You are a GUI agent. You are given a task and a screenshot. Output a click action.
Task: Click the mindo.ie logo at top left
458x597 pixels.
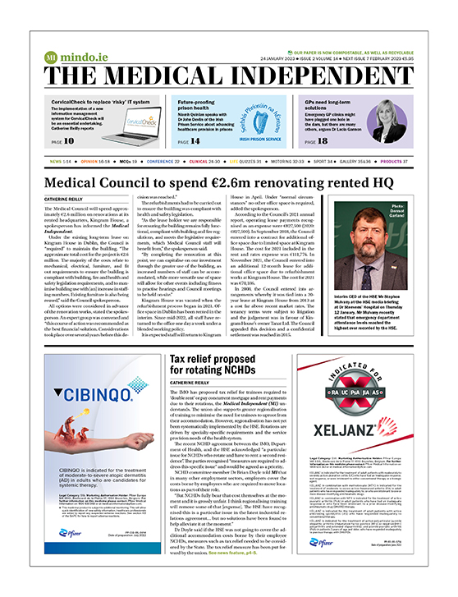(65, 58)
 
